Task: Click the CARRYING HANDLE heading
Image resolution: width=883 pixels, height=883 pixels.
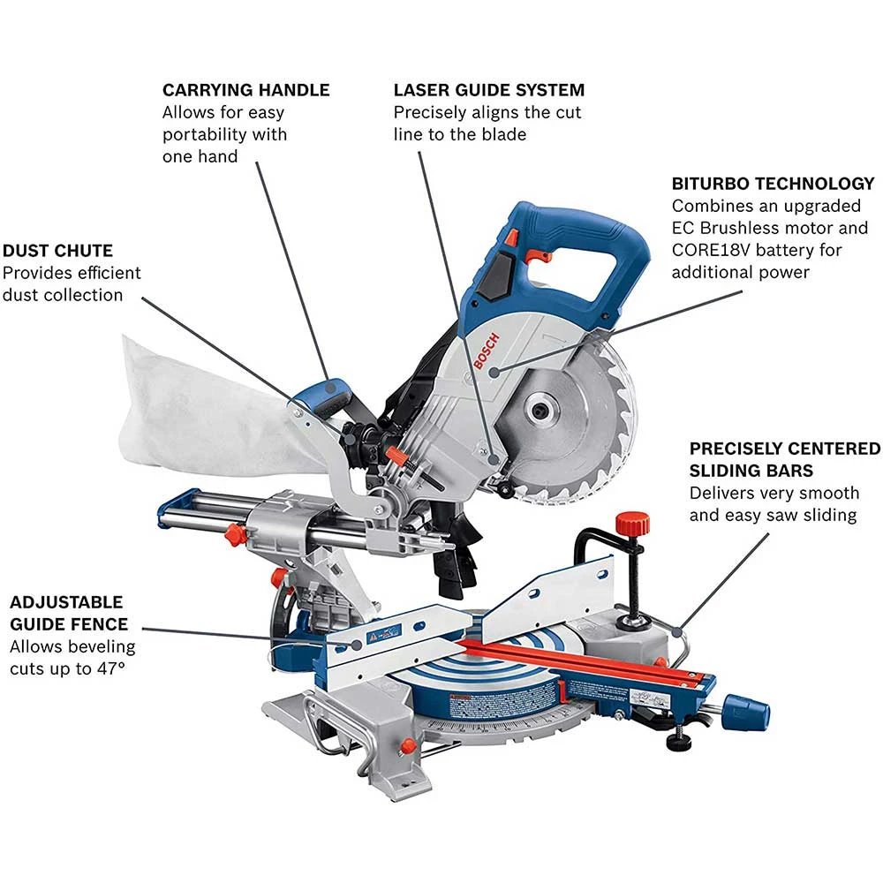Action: click(x=245, y=90)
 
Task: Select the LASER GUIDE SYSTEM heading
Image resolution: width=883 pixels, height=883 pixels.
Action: click(x=489, y=90)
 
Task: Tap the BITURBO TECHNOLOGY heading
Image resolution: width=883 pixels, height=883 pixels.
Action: click(x=773, y=184)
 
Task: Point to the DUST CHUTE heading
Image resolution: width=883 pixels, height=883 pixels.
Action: click(x=57, y=251)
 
